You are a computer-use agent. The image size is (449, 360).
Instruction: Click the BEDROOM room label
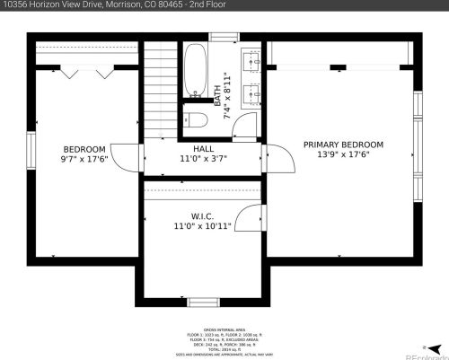(84, 149)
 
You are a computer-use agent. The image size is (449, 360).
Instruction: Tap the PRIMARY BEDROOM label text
(342, 145)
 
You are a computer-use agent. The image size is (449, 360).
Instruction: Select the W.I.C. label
(201, 215)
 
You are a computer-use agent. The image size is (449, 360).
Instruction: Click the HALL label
(203, 148)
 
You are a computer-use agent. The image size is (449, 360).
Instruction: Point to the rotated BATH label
(216, 91)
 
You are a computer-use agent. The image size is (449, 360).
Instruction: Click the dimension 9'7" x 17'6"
(84, 159)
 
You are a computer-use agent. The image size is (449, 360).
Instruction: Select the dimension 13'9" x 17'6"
(342, 154)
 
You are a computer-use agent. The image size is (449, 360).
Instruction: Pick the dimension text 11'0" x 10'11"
(202, 226)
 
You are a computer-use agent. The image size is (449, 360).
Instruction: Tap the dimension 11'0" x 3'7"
(203, 158)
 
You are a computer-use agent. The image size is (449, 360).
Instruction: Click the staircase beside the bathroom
(161, 90)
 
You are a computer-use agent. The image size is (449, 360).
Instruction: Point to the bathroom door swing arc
(242, 126)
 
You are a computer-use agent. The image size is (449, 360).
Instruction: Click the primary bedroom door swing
(282, 162)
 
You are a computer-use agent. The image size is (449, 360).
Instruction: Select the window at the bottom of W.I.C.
(202, 302)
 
